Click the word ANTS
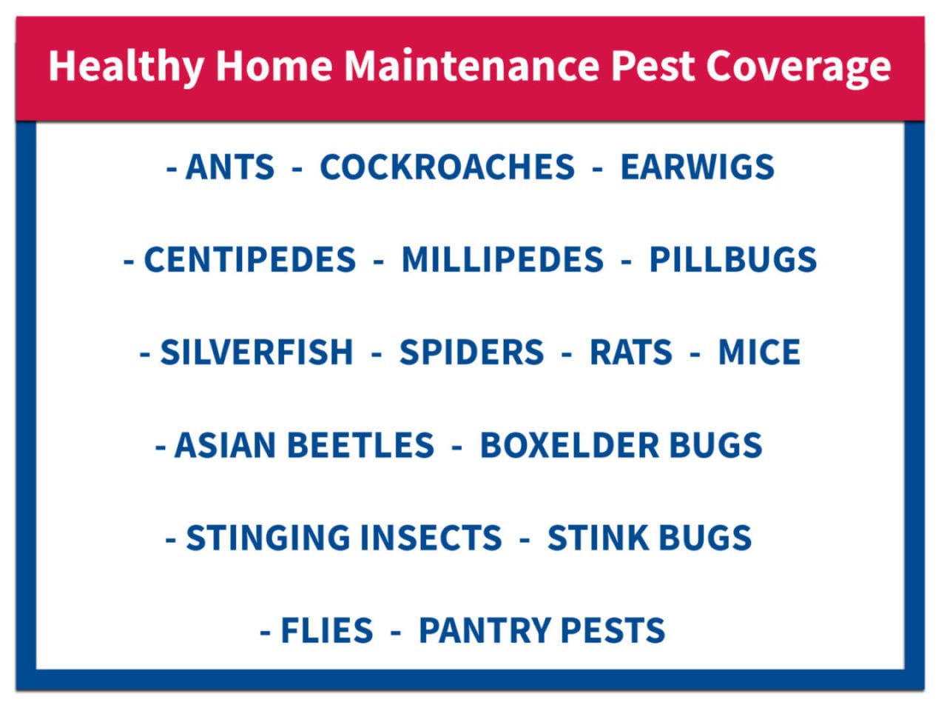click(x=229, y=167)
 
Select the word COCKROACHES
click(x=447, y=167)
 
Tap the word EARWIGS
click(x=697, y=167)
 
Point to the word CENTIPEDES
click(x=249, y=259)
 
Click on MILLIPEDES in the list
click(x=502, y=259)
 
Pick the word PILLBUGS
click(x=732, y=259)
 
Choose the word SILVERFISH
click(x=257, y=352)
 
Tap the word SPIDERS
click(x=471, y=352)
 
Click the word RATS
click(x=630, y=352)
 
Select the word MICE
click(x=759, y=352)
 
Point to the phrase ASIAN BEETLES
click(x=304, y=445)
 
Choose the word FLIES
click(x=326, y=630)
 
